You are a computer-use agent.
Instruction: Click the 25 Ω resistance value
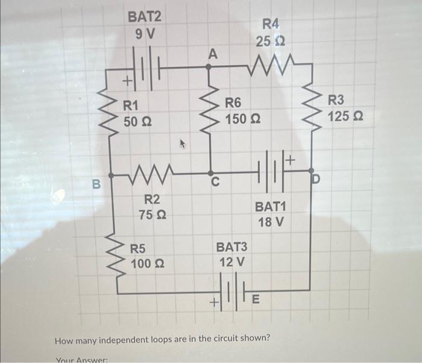(x=270, y=42)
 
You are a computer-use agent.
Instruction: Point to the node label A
(x=212, y=54)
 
